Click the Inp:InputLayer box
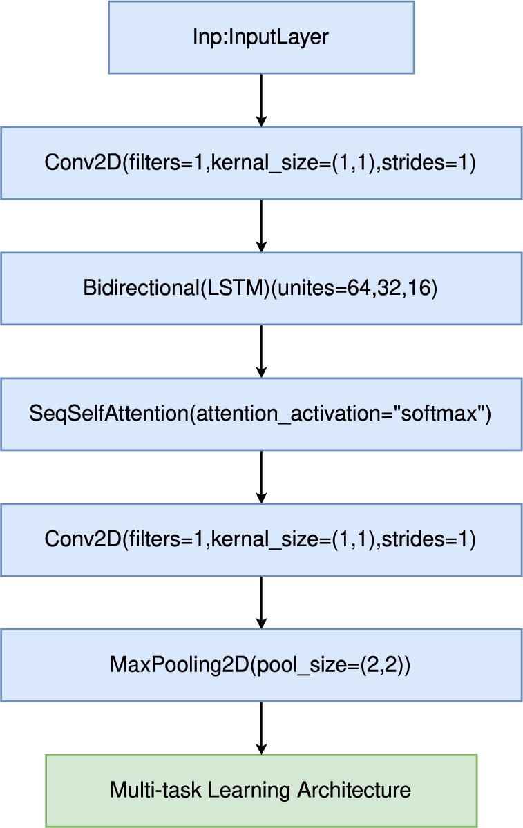[x=261, y=37]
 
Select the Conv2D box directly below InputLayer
[x=261, y=163]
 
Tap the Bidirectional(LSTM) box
[x=261, y=289]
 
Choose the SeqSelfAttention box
[x=261, y=414]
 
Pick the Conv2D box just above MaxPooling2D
[x=261, y=539]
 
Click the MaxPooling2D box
[x=261, y=665]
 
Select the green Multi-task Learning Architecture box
[x=261, y=791]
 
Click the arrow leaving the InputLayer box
[x=261, y=100]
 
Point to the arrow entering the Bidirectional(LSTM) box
[x=261, y=226]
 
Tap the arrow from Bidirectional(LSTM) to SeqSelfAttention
[x=261, y=352]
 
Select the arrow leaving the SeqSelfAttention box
[x=261, y=477]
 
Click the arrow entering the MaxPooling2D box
[x=261, y=602]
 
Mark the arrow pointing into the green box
[x=261, y=728]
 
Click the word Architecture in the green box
[x=354, y=790]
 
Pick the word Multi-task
[x=156, y=790]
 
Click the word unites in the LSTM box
[x=307, y=288]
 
